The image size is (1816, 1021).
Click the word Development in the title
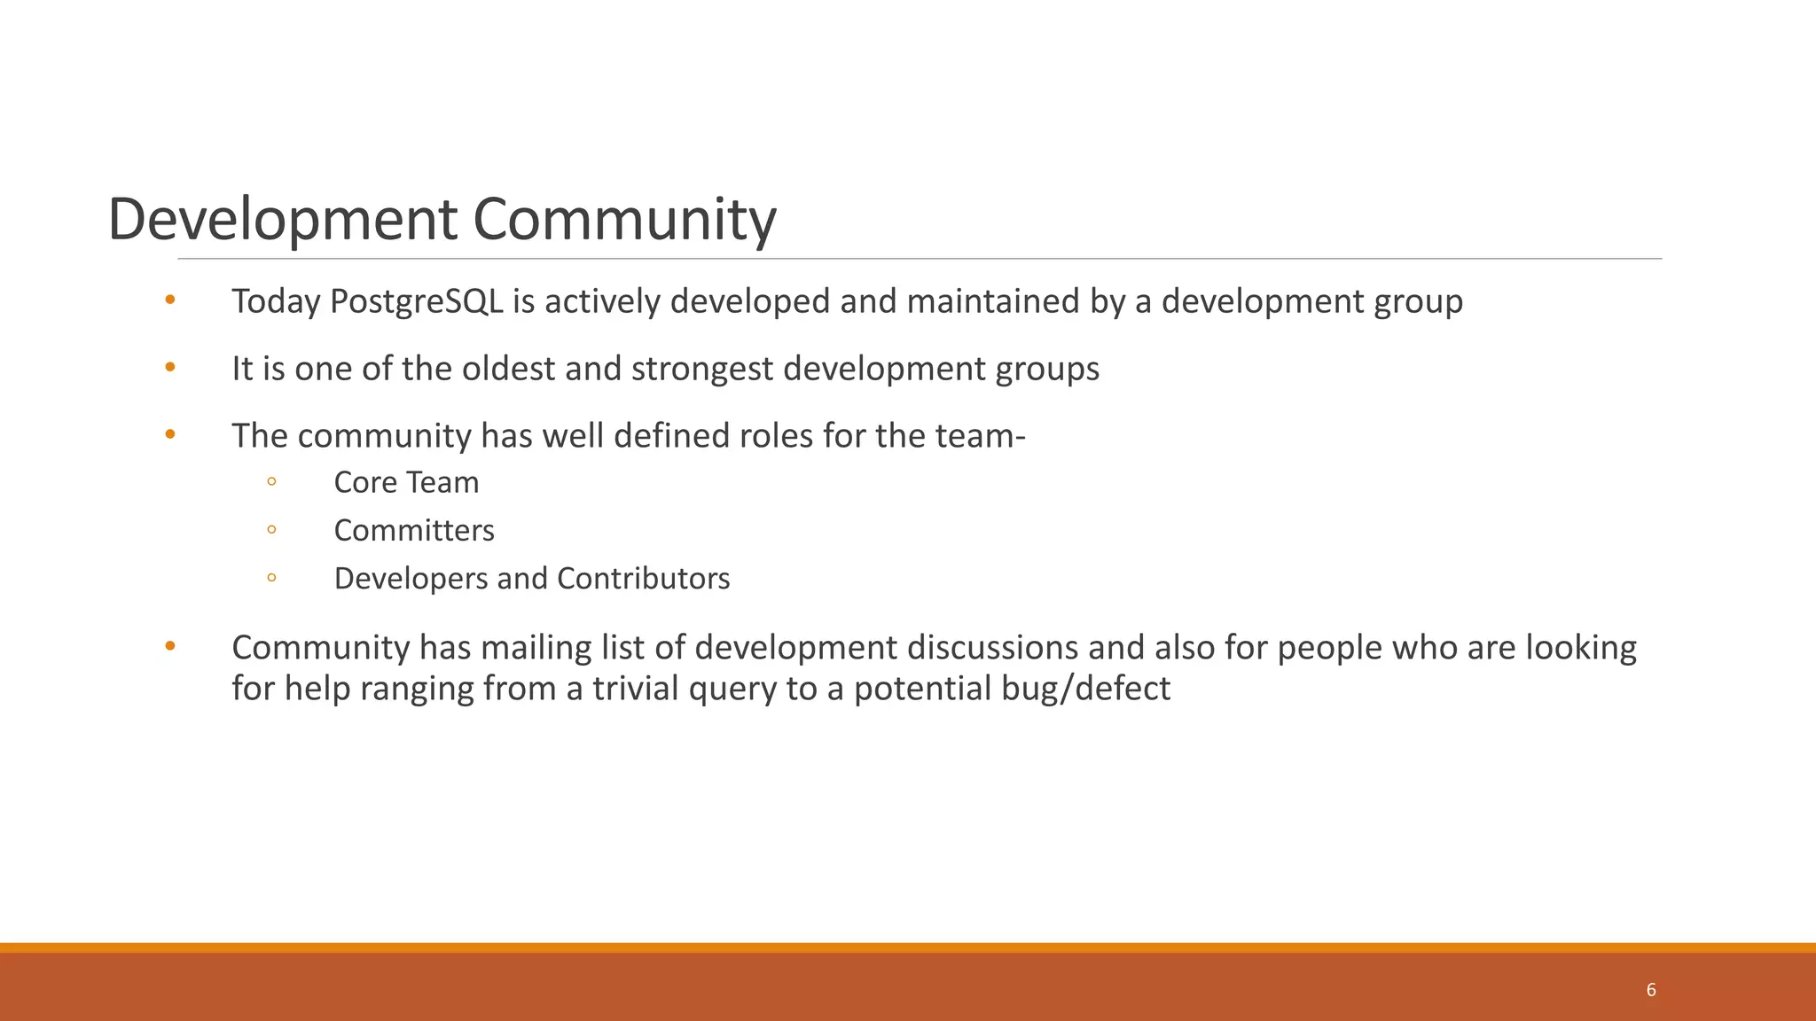point(283,220)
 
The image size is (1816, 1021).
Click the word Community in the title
point(624,220)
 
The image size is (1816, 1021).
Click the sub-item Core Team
point(406,482)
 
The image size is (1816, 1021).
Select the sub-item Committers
point(414,530)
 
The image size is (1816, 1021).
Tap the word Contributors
point(643,578)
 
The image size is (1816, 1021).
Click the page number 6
point(1650,990)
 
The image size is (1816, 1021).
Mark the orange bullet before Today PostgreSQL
point(170,300)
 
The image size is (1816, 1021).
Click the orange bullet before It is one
point(170,367)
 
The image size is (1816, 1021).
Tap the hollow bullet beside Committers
point(271,529)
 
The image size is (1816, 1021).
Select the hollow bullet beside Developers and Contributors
point(271,577)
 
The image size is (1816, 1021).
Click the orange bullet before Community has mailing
point(170,645)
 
